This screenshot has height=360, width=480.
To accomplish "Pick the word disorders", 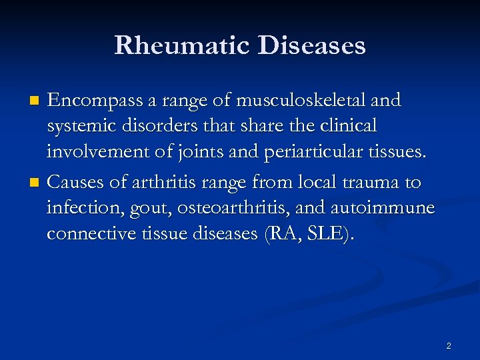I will coord(150,125).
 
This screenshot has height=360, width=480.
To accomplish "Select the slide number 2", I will coord(448,345).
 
